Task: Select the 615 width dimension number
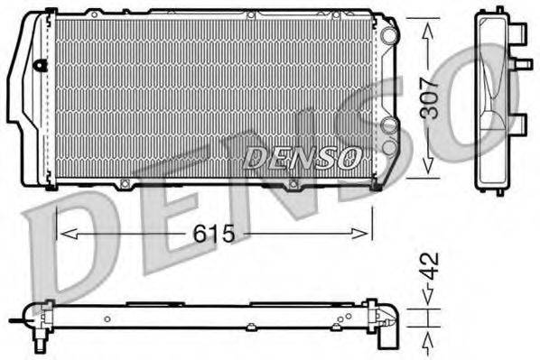(x=215, y=235)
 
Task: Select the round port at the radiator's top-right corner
(x=388, y=35)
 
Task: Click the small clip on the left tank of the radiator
(x=40, y=65)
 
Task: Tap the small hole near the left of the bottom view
(x=106, y=318)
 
